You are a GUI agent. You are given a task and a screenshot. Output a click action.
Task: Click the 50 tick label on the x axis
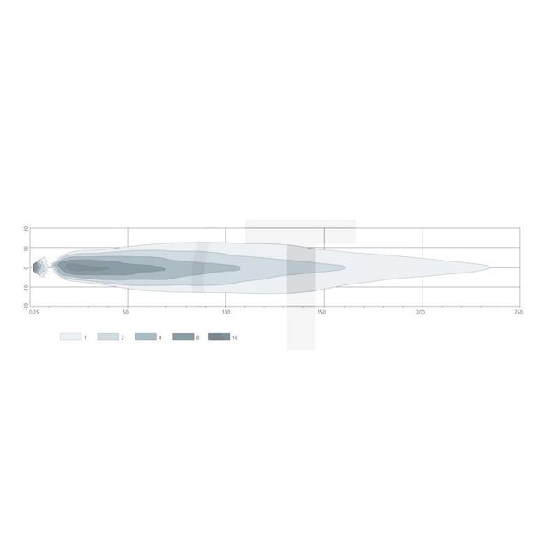[126, 313]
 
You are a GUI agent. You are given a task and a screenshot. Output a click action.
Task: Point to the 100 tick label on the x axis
[225, 313]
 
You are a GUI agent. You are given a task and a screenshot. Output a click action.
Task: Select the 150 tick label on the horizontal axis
[322, 313]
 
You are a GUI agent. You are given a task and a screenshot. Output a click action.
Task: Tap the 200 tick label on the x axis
[421, 313]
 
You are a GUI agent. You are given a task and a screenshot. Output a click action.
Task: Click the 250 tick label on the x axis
[518, 313]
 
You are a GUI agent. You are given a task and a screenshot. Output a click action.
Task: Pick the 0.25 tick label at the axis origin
[34, 313]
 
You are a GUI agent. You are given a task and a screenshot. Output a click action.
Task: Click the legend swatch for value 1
[69, 338]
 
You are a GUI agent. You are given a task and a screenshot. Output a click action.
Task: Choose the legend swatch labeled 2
[107, 338]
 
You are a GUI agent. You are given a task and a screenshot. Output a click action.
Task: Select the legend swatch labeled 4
[145, 338]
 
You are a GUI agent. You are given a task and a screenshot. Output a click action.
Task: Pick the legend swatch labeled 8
[183, 338]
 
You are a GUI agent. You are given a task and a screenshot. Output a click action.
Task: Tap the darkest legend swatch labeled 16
[219, 338]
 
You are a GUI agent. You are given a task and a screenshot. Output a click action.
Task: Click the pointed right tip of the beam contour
[490, 267]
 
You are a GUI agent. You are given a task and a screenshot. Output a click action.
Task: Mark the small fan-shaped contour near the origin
[40, 267]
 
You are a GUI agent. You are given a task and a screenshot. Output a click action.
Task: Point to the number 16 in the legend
[235, 338]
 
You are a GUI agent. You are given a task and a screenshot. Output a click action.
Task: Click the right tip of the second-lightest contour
[345, 267]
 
